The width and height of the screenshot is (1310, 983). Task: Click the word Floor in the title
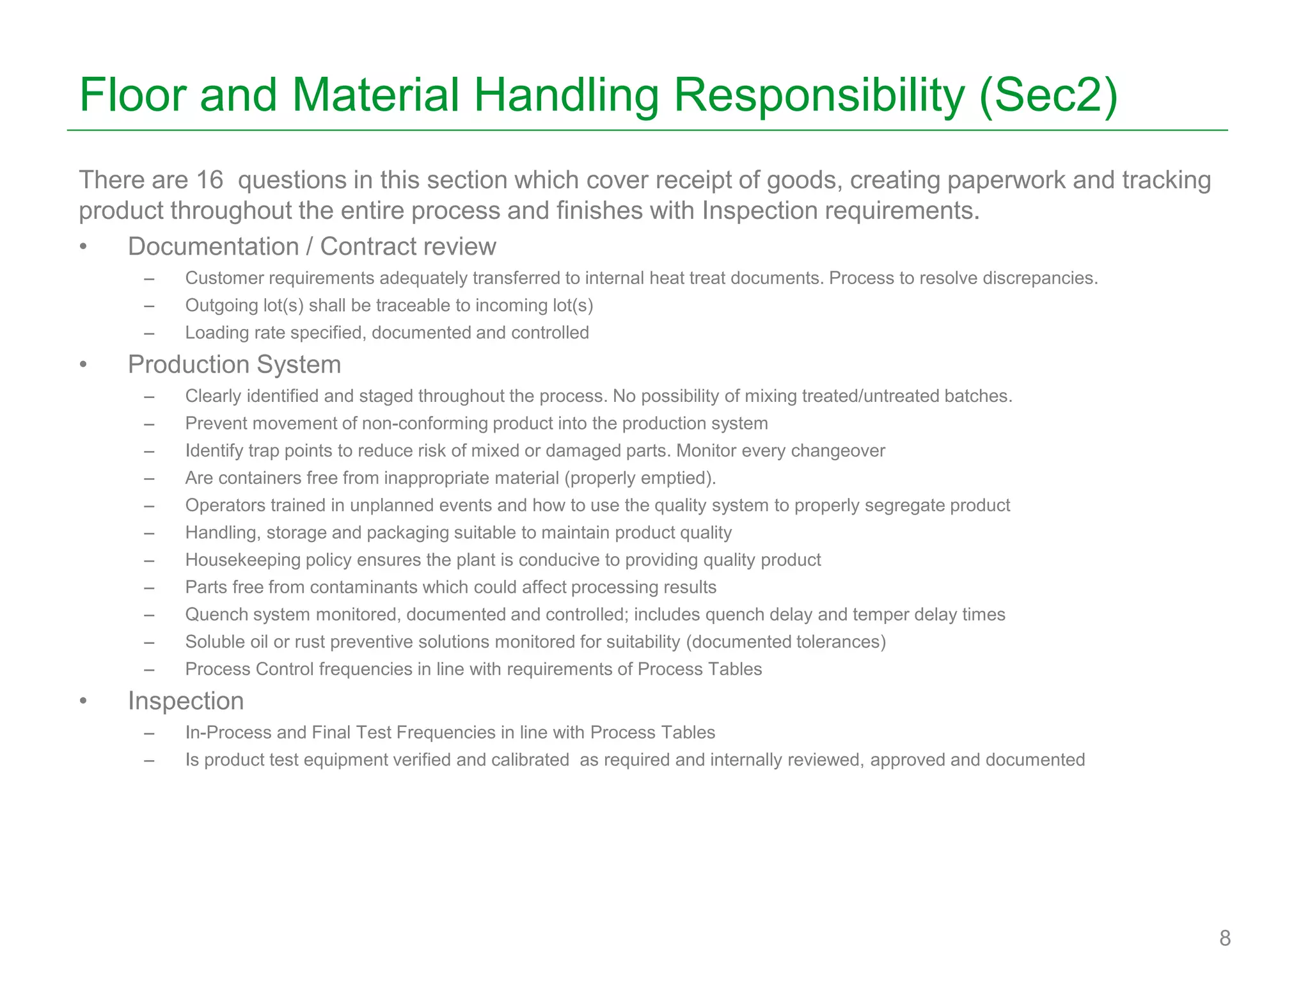pos(133,95)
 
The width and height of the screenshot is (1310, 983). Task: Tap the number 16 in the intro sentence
pos(209,180)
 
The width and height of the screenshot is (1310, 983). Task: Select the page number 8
pos(1224,938)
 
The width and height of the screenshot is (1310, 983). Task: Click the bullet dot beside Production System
pos(83,365)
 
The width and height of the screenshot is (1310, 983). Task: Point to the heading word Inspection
pos(185,701)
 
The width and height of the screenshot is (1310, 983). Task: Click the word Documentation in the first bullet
pos(213,246)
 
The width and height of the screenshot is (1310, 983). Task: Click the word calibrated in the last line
pos(530,760)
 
